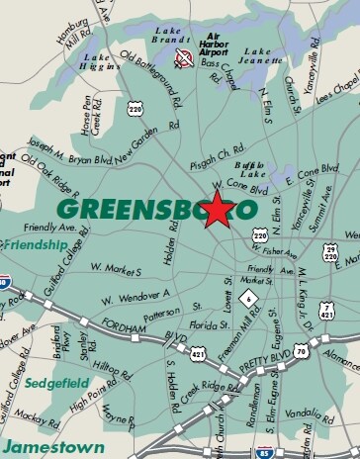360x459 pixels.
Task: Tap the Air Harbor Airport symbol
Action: click(x=182, y=57)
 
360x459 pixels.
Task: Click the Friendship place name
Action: click(x=34, y=243)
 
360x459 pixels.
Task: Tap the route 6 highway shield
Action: click(x=251, y=298)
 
